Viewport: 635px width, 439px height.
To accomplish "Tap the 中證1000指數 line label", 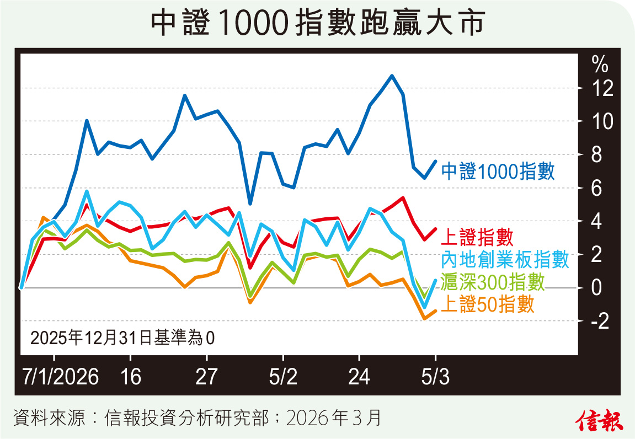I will pyautogui.click(x=498, y=171).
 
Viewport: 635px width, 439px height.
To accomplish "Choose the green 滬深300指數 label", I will pyautogui.click(x=494, y=282).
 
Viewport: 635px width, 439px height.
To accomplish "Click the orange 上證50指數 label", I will pyautogui.click(x=488, y=304).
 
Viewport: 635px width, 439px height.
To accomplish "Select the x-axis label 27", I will pyautogui.click(x=206, y=378).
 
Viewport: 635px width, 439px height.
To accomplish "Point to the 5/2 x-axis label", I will pyautogui.click(x=283, y=378).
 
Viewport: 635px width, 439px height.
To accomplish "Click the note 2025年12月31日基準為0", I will pyautogui.click(x=122, y=336).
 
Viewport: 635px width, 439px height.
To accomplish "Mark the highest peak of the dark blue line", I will pyautogui.click(x=392, y=76).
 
